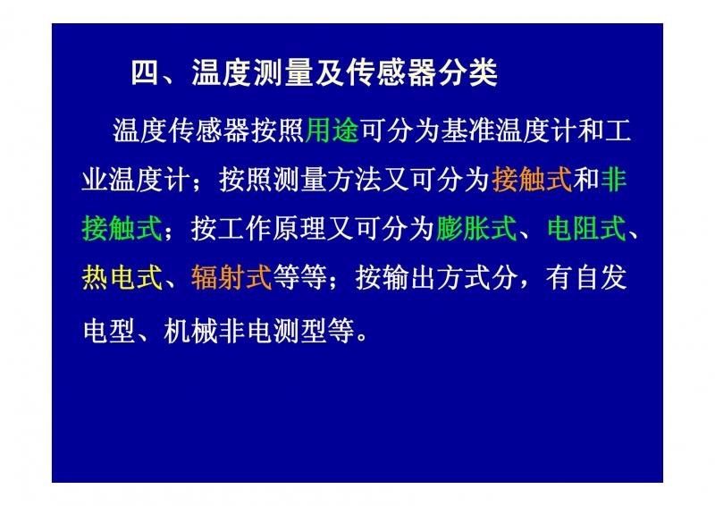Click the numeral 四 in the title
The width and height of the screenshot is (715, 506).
coord(146,72)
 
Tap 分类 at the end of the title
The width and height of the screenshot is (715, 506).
coord(467,72)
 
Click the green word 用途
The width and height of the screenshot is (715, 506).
coord(332,131)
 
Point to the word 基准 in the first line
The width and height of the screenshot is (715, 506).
coord(467,131)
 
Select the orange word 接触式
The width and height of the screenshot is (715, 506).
coord(532,180)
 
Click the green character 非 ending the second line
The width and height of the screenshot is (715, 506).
coord(614,180)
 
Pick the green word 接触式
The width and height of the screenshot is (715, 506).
coord(122,228)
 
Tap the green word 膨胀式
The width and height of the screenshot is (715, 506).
coord(476,228)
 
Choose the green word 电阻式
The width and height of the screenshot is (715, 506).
coord(586,228)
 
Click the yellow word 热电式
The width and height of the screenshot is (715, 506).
coord(122,277)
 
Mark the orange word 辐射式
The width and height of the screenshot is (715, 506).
coord(231,277)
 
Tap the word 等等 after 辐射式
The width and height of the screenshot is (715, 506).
coord(299,277)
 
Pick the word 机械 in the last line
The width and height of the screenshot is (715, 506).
coord(190,331)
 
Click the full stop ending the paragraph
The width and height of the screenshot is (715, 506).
coord(363,338)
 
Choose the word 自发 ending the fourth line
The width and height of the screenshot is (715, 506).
coord(600,277)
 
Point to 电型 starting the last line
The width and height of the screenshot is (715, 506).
coord(109,331)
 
